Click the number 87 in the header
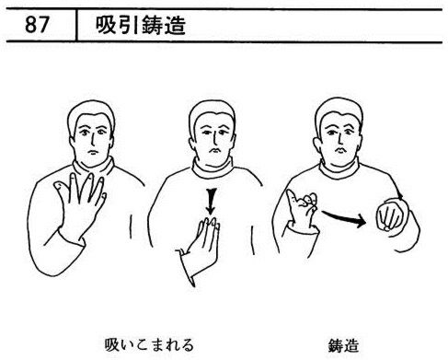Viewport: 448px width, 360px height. pyautogui.click(x=37, y=25)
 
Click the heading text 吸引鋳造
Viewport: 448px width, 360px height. pyautogui.click(x=141, y=25)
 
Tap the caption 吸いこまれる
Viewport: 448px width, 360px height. pyautogui.click(x=149, y=345)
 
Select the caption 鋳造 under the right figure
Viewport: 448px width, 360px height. pyautogui.click(x=343, y=345)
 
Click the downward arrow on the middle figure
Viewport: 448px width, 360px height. pyautogui.click(x=211, y=202)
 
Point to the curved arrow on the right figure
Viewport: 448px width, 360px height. pyautogui.click(x=344, y=218)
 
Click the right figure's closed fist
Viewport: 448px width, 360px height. pyautogui.click(x=390, y=215)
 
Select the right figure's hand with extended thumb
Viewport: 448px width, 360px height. pyautogui.click(x=302, y=210)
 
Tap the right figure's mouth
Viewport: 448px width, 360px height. pyautogui.click(x=340, y=150)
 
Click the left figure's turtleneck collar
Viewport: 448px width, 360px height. pyautogui.click(x=94, y=168)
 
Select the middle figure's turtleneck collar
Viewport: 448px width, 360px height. pyautogui.click(x=213, y=168)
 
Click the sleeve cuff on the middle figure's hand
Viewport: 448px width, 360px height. pyautogui.click(x=188, y=268)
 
